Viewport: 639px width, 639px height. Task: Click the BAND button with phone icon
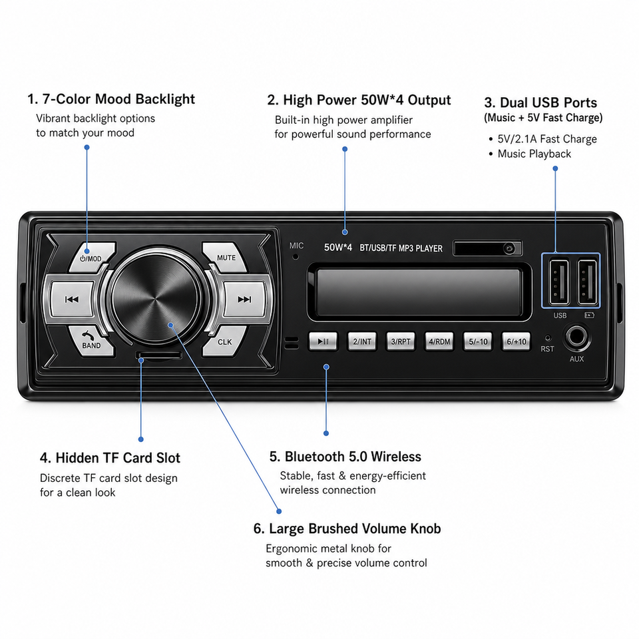pos(92,341)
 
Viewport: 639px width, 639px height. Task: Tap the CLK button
pos(224,341)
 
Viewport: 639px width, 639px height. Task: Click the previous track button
pos(72,300)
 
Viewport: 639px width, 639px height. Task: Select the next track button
pos(244,300)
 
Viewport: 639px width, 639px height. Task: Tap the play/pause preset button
pos(323,341)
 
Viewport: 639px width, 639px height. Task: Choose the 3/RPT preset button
pos(401,341)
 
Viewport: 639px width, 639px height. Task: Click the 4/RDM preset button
pos(439,341)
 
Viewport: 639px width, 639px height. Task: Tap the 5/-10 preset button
pos(478,341)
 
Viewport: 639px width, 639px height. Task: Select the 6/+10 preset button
pos(517,341)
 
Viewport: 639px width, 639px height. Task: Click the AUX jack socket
pos(576,337)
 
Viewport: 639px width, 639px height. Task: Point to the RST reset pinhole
pos(548,338)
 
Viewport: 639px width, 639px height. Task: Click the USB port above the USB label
pos(558,282)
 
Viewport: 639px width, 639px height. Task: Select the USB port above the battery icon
pos(587,282)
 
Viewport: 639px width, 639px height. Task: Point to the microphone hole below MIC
pos(296,257)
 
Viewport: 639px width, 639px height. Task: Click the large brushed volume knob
pos(156,298)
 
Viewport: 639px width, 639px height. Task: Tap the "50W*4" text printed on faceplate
pos(338,248)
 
